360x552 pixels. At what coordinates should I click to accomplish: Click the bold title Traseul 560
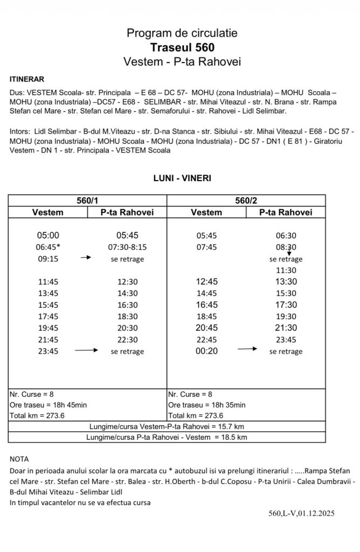point(182,47)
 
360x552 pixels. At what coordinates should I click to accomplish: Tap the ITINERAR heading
point(27,79)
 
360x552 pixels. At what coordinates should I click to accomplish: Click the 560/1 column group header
point(87,201)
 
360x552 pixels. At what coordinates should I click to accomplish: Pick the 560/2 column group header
point(246,201)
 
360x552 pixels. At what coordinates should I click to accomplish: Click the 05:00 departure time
point(47,235)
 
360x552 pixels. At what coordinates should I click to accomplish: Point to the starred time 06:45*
point(47,247)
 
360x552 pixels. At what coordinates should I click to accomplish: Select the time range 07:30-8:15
point(127,247)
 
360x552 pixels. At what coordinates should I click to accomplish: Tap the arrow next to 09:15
point(86,259)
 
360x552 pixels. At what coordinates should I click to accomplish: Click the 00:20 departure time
point(206,351)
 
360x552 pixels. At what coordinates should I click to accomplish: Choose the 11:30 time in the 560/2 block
point(286,270)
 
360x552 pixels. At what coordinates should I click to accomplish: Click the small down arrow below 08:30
point(289,253)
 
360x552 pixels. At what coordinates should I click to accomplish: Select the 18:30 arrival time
point(127,316)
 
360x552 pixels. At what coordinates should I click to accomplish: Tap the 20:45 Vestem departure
point(206,328)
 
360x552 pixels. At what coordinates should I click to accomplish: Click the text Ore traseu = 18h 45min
point(45,405)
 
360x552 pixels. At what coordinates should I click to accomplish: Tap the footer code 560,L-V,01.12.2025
point(301,513)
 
